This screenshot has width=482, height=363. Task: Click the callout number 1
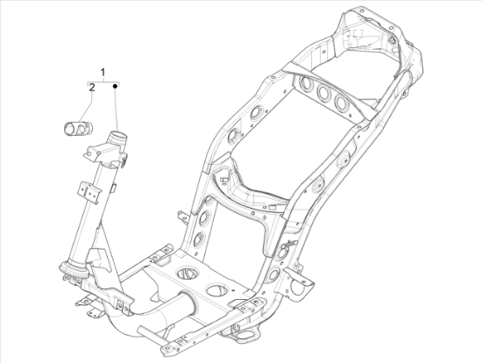click(103, 70)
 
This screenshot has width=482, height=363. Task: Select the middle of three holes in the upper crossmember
click(323, 95)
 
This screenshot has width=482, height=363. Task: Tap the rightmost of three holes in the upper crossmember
click(340, 103)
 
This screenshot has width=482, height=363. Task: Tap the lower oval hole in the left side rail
click(198, 239)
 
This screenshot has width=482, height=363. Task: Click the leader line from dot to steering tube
click(116, 110)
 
